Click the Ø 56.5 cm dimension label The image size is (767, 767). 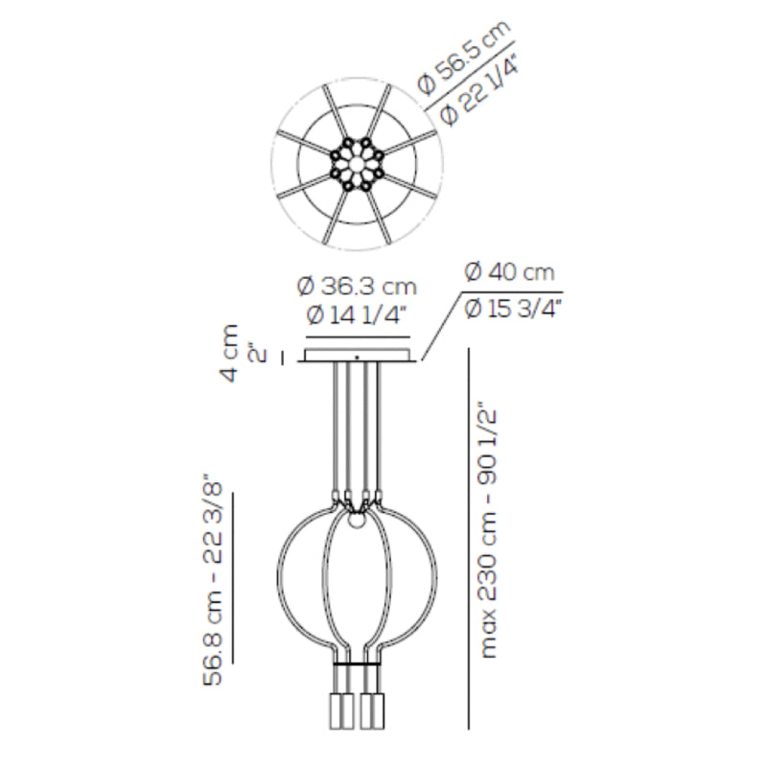(x=465, y=57)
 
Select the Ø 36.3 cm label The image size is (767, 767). (x=357, y=287)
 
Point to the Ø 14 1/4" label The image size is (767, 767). (x=357, y=315)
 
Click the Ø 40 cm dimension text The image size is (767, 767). (x=509, y=272)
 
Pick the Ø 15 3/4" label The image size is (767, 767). (x=512, y=309)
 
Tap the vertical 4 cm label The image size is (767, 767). (x=229, y=353)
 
